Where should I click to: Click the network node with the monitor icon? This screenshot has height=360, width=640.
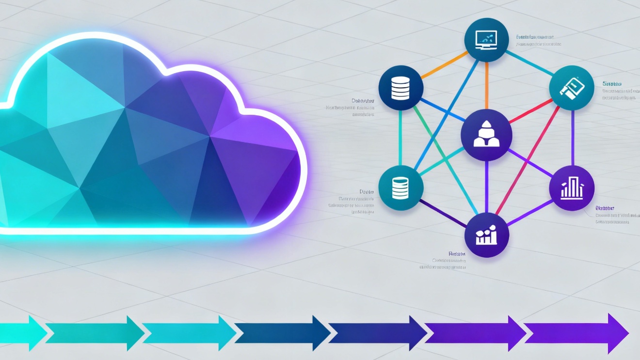486,39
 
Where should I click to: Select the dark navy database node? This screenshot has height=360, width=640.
400,88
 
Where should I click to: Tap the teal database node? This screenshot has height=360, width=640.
400,188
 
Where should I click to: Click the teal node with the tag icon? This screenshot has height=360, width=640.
571,88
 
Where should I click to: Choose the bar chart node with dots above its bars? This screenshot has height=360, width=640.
486,235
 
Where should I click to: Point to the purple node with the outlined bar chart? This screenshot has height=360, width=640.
572,188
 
